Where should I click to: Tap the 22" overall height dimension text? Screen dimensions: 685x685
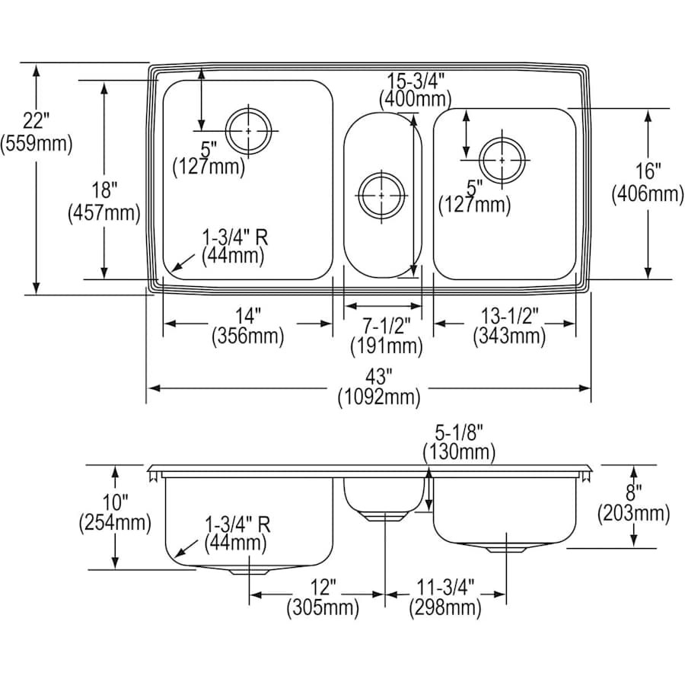click(36, 131)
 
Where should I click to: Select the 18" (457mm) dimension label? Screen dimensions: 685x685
click(104, 202)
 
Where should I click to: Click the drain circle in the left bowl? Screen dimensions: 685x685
click(249, 131)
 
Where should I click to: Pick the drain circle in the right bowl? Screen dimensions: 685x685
click(502, 160)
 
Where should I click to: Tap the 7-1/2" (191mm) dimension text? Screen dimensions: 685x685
click(387, 335)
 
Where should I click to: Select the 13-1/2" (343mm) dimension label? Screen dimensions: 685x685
click(508, 325)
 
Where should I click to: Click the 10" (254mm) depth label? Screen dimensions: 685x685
click(114, 512)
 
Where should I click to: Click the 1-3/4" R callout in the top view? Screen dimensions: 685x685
click(234, 247)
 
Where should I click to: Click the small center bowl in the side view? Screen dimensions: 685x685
click(384, 495)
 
